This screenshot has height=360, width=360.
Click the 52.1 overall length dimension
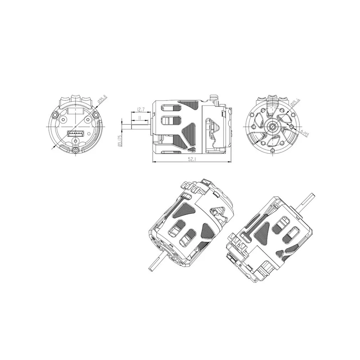191,159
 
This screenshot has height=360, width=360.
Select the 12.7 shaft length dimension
140,109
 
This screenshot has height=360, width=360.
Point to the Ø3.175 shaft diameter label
120,141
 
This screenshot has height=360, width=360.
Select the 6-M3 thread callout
305,133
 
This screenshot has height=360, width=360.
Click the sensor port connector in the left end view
75,134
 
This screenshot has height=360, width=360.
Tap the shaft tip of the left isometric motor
150,268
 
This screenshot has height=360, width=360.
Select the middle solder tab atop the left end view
76,97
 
